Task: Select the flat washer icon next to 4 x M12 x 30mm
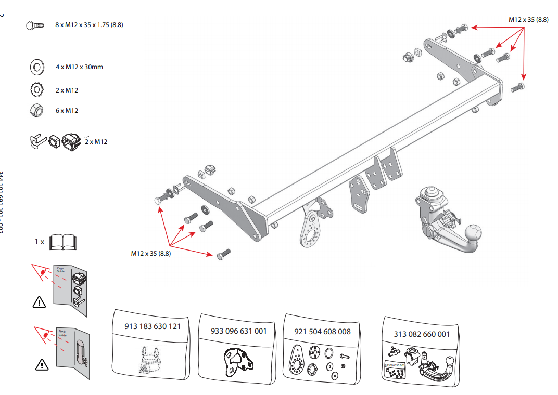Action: (37, 67)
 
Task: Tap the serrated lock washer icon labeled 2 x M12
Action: (37, 90)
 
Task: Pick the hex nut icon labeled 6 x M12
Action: (37, 110)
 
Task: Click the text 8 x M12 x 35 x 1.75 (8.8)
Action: (90, 25)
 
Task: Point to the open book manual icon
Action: (62, 242)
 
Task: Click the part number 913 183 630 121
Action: (153, 326)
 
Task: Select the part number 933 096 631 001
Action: (238, 331)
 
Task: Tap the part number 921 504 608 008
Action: (322, 331)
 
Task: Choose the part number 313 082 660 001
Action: (422, 334)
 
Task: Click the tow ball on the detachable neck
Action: (474, 232)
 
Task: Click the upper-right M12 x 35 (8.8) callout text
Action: (528, 19)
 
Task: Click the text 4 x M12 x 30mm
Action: (79, 67)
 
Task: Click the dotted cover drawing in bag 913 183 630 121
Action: (150, 359)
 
